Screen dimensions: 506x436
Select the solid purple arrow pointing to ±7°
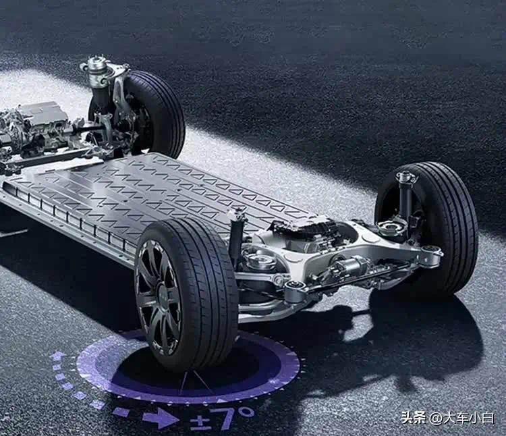coord(161,418)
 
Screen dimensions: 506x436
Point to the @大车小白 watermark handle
coord(461,418)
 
